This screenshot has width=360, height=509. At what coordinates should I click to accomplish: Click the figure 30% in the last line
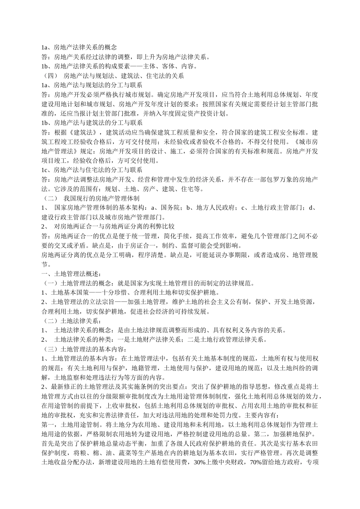click(x=200, y=462)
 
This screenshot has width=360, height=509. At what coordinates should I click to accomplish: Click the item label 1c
click(x=44, y=170)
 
